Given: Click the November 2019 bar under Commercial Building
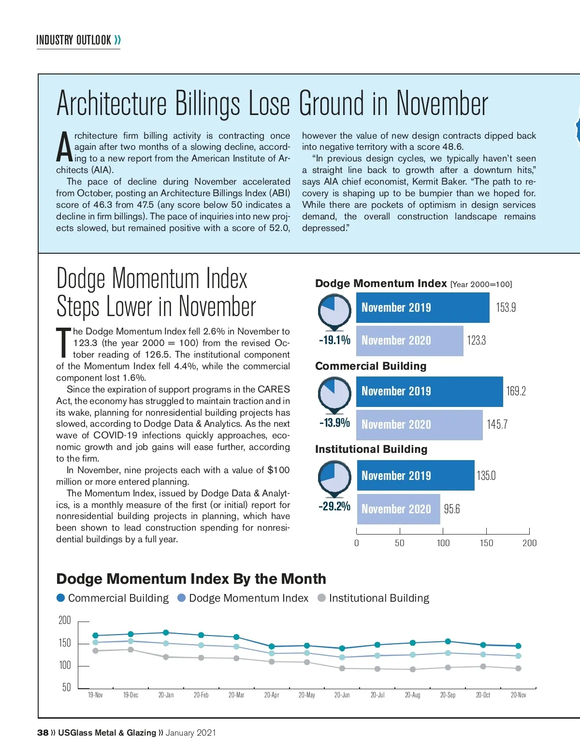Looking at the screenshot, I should tap(429, 391).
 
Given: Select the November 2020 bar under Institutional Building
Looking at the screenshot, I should tap(398, 509).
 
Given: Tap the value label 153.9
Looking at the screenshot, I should tap(506, 308).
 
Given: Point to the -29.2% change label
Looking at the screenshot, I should tap(334, 506).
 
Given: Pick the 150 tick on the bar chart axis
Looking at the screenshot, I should tap(486, 543).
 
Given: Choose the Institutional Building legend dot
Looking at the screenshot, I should tap(321, 598).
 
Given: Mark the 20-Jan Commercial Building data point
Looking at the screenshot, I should tap(166, 633).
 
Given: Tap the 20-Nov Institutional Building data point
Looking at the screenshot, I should tap(518, 668).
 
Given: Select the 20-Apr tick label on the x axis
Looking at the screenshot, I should tap(272, 695).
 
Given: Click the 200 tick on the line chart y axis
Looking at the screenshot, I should tap(65, 621).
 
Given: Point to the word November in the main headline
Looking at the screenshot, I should tap(442, 103).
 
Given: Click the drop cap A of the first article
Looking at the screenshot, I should tap(65, 147).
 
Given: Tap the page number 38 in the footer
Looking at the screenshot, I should tap(43, 733).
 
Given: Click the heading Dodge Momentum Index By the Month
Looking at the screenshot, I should tap(191, 579).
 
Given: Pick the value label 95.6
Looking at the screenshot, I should tap(452, 509).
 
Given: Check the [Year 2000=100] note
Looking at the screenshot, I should tap(481, 284).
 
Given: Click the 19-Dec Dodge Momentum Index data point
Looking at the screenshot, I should tap(130, 641).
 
